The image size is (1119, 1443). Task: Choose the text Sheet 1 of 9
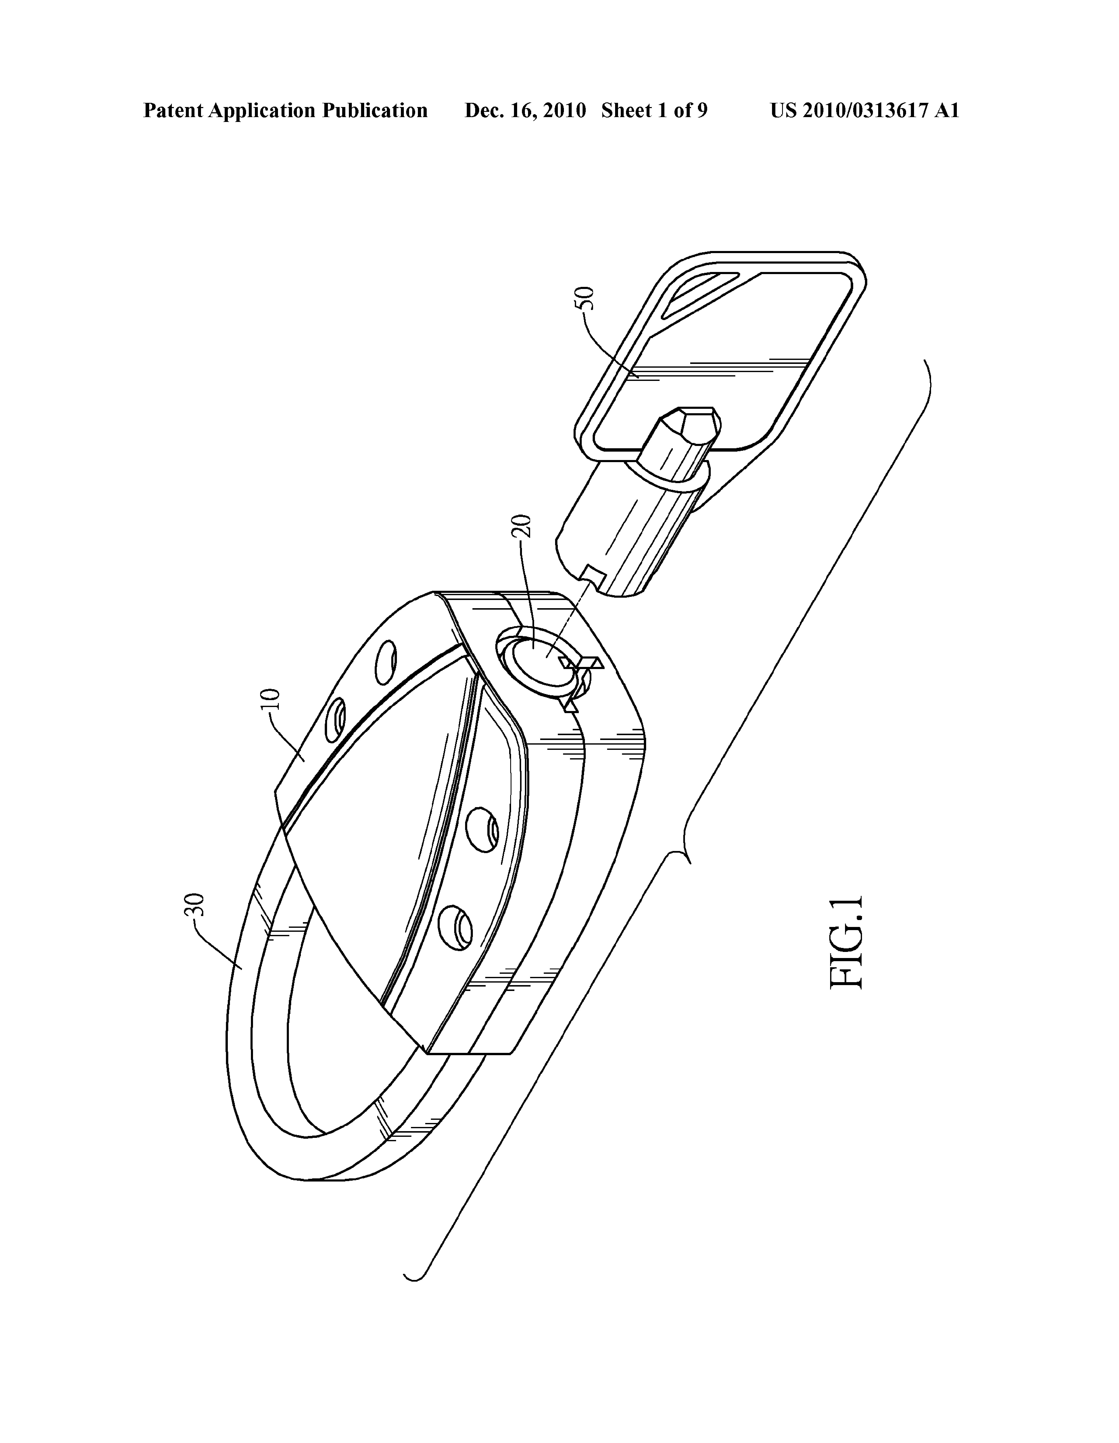[x=654, y=110]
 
